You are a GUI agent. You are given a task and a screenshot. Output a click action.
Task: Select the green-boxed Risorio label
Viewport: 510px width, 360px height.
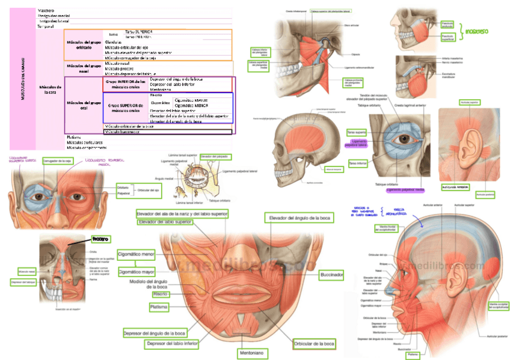click(159, 294)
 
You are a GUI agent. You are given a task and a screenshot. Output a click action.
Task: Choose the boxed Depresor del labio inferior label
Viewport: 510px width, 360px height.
click(171, 344)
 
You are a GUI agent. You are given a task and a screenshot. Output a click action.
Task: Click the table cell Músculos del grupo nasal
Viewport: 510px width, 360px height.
click(84, 68)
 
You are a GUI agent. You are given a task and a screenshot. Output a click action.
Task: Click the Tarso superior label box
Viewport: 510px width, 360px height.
click(357, 132)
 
